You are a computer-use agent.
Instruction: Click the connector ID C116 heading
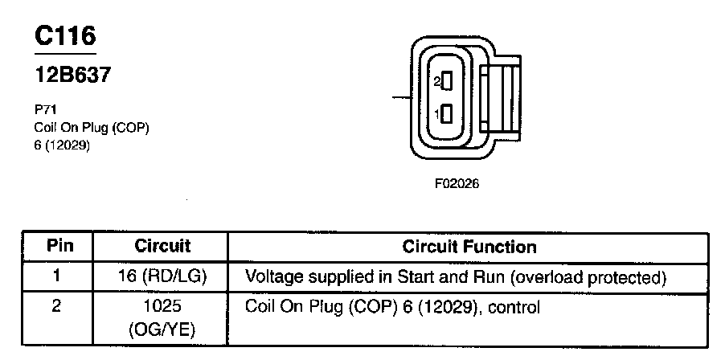[x=65, y=35]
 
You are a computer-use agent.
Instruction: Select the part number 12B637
[x=72, y=76]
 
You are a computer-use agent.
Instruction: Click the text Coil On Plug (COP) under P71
[x=92, y=127]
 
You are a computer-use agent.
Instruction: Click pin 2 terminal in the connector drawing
[x=447, y=81]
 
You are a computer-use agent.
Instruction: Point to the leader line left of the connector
[x=400, y=98]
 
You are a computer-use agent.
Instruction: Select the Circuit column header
[x=162, y=246]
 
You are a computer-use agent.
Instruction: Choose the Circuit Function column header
[x=469, y=246]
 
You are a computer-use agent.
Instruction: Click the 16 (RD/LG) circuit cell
[x=162, y=277]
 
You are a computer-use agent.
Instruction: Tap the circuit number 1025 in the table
[x=162, y=306]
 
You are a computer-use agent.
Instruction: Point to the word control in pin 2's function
[x=513, y=306]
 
